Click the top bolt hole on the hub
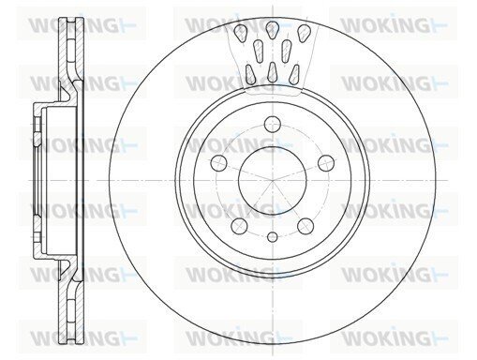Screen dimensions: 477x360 click(x=273, y=125)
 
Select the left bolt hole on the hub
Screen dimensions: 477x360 click(x=219, y=162)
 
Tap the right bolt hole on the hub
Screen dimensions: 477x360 click(x=326, y=163)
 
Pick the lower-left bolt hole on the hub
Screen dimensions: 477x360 click(x=240, y=226)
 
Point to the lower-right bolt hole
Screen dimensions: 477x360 click(x=306, y=226)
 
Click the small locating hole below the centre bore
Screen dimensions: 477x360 click(x=273, y=237)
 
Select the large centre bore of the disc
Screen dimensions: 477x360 click(x=273, y=181)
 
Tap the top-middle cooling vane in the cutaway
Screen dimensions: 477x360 click(x=272, y=29)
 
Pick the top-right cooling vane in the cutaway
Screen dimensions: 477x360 click(x=304, y=33)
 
